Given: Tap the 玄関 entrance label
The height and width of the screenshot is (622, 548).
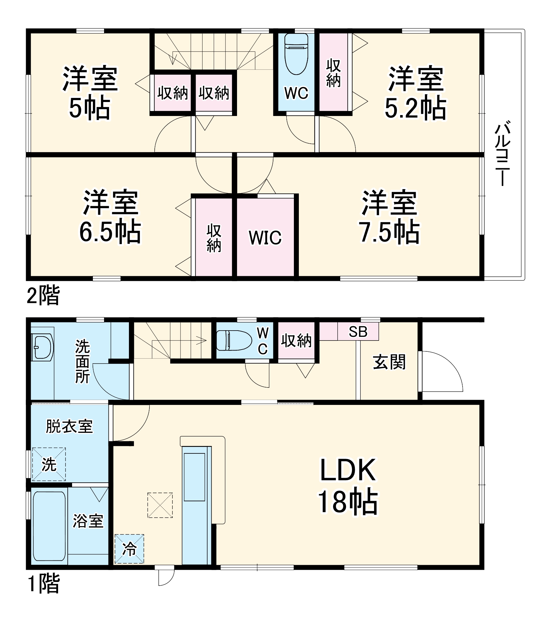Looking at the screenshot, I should pyautogui.click(x=389, y=362).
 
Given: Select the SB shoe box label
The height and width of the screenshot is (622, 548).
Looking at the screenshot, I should pyautogui.click(x=358, y=332).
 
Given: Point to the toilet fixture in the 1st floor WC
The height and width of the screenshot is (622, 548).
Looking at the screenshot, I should pyautogui.click(x=234, y=340).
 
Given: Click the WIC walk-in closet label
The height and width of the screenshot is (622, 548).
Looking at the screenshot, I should pyautogui.click(x=265, y=238).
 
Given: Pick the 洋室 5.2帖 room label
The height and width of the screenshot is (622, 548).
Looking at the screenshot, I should pyautogui.click(x=416, y=93).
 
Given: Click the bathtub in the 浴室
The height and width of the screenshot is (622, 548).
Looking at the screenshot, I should pyautogui.click(x=49, y=526).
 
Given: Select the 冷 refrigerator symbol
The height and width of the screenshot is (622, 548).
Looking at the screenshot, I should pyautogui.click(x=129, y=549).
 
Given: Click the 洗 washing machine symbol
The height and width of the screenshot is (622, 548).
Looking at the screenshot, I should pyautogui.click(x=49, y=464).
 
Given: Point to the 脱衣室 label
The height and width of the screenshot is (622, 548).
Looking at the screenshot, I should pyautogui.click(x=69, y=426).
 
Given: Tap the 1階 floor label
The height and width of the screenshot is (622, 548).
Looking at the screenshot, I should pyautogui.click(x=43, y=583).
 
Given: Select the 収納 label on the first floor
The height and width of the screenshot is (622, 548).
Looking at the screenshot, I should pyautogui.click(x=296, y=341).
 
